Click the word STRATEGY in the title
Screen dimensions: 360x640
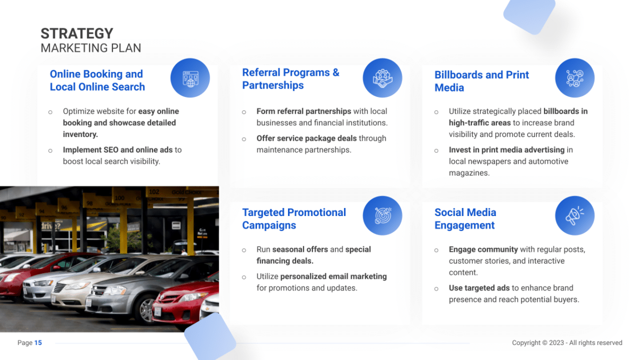tap(77, 34)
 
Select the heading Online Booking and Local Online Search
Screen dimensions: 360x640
tap(97, 81)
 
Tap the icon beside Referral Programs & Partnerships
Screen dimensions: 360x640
tap(382, 78)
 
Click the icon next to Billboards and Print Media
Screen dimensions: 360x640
tap(574, 78)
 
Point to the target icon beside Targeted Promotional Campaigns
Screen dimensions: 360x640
tap(382, 216)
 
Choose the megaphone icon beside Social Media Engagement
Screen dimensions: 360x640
tap(574, 216)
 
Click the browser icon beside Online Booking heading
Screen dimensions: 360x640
tap(190, 78)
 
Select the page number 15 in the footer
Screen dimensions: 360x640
tap(38, 343)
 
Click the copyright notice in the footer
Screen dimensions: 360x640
tap(567, 343)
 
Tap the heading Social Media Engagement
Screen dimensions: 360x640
tap(465, 219)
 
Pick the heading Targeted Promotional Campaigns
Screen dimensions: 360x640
tap(294, 219)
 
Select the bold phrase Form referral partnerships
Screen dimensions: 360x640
tap(303, 111)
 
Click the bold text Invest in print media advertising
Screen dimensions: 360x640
tap(507, 150)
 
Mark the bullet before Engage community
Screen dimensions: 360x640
tap(436, 250)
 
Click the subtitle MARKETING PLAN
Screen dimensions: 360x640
tap(91, 48)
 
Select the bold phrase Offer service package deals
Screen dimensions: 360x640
tap(307, 138)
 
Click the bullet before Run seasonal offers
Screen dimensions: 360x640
tap(244, 250)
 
